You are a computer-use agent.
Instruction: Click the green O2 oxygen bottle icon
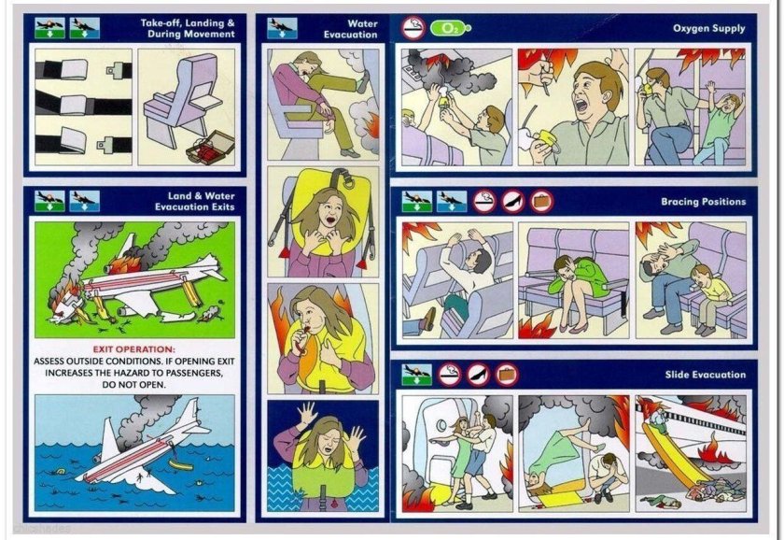(450, 29)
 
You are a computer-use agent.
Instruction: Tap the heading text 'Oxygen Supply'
(708, 29)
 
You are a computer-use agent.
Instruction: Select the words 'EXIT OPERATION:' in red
(134, 349)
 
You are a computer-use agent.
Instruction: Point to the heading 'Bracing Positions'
(703, 202)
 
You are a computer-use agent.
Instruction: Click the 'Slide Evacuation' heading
(705, 375)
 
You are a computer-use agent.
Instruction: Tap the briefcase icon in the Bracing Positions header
(542, 202)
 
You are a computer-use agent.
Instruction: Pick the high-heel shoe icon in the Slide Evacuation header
(479, 375)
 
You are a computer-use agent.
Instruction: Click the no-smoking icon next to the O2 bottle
(413, 28)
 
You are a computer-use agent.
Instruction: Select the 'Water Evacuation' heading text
(350, 29)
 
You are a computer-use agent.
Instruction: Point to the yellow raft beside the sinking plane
(180, 465)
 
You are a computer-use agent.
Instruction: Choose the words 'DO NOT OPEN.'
(134, 385)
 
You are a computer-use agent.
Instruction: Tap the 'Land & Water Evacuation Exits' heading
(194, 201)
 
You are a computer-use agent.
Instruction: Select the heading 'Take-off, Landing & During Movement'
(188, 29)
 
